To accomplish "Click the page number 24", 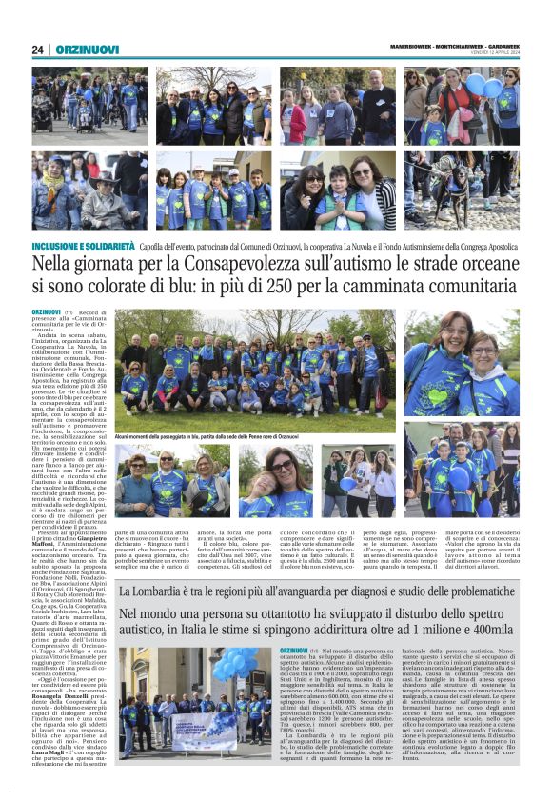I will pyautogui.click(x=38, y=50).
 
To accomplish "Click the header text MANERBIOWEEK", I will pyautogui.click(x=412, y=47).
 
